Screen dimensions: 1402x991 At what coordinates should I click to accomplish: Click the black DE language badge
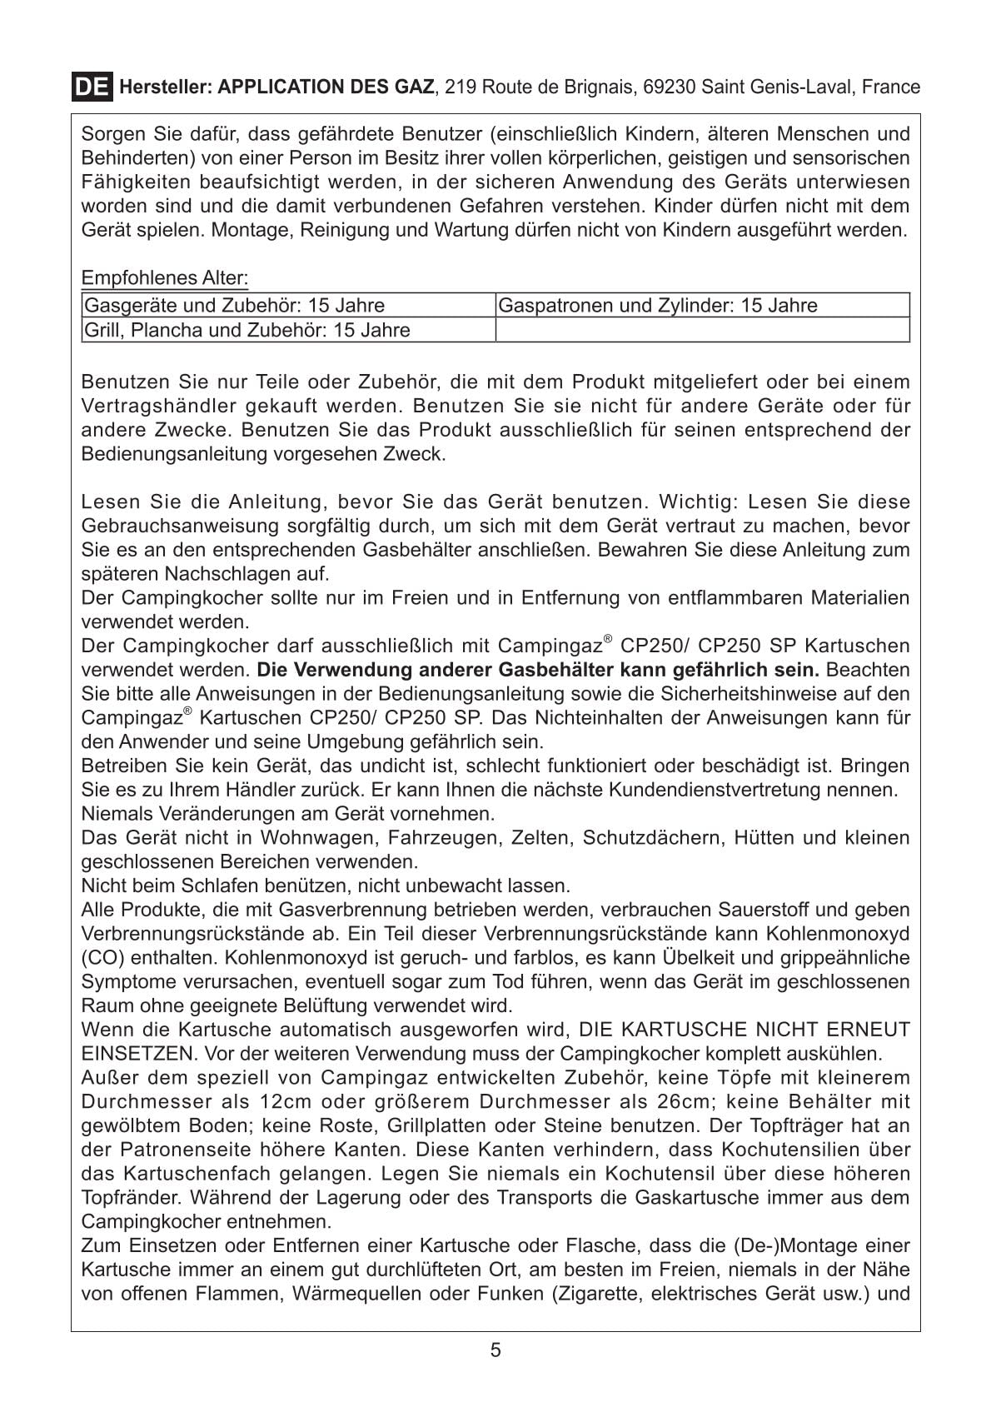coord(91,87)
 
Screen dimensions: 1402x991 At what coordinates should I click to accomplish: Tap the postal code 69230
coord(670,87)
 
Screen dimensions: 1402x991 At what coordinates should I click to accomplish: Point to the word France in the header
coord(891,87)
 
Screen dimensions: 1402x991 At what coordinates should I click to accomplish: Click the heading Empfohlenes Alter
coord(165,277)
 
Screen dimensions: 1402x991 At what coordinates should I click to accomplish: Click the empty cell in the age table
coord(702,330)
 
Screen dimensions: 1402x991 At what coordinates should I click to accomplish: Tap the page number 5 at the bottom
coord(495,1350)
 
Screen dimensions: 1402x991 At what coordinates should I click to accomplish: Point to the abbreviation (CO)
coord(102,958)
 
